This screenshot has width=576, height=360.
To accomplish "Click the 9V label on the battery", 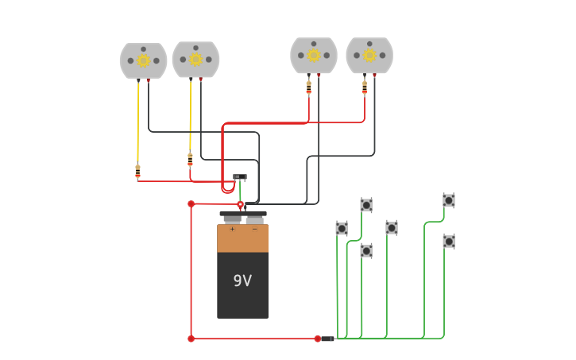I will [242, 281].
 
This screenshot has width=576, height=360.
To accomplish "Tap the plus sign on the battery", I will [232, 230].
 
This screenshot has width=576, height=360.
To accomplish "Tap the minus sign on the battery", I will [254, 230].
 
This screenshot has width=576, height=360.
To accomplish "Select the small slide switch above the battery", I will [239, 177].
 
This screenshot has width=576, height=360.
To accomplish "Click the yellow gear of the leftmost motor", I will [143, 60].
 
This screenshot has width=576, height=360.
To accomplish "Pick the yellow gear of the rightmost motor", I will [369, 56].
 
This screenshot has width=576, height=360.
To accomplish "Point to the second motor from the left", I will [195, 60].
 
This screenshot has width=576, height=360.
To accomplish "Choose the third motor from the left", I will [314, 56].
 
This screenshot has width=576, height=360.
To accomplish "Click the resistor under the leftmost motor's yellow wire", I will [137, 171].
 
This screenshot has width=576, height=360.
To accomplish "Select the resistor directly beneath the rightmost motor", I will [365, 87].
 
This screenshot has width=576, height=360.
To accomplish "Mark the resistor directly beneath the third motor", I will [309, 87].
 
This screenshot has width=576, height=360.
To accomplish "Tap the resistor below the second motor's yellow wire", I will [190, 159].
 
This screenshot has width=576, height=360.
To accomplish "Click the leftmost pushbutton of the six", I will [342, 229].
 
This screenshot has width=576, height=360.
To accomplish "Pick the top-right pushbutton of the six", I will [449, 200].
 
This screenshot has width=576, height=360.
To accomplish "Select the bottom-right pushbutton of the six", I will [449, 241].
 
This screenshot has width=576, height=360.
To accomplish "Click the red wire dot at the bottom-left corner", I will [191, 339].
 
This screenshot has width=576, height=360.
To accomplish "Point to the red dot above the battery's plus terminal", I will [241, 205].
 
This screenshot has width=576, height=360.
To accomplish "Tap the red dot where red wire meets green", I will [317, 339].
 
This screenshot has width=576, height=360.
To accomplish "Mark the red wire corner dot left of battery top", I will [191, 204].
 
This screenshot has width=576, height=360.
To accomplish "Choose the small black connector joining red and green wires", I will [327, 339].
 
